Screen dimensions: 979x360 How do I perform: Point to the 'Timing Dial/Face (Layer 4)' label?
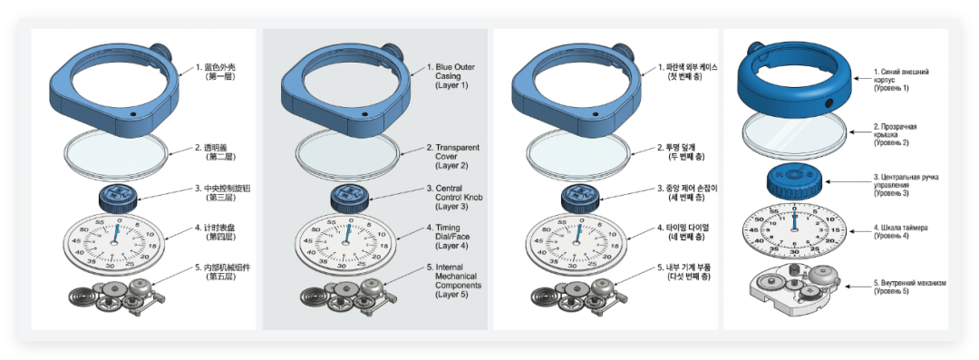point(448,237)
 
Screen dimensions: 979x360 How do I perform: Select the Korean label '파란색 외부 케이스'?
point(692,67)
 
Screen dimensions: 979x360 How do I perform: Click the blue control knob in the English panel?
point(348,199)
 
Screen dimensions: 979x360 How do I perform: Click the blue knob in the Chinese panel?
point(117,199)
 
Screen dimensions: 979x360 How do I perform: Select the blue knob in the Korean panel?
point(578,199)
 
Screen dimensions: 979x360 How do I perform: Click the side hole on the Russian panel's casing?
point(829,102)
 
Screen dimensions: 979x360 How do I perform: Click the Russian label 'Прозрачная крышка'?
point(895,131)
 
